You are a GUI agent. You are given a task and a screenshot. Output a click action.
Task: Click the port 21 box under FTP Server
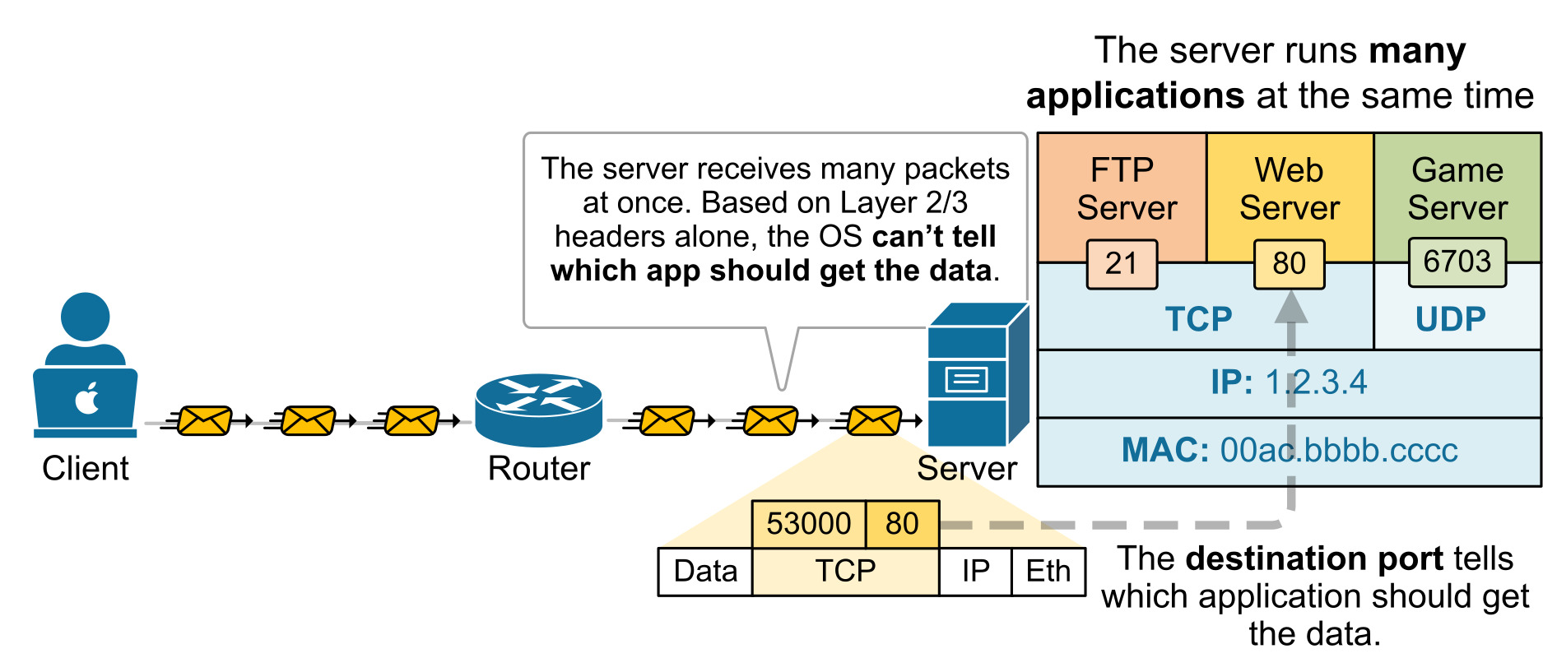[x=1122, y=264]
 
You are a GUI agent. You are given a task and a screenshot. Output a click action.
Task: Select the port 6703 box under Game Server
[x=1457, y=262]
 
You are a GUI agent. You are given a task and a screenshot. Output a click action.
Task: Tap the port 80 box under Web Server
[x=1289, y=264]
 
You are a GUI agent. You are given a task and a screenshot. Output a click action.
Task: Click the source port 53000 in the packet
[x=808, y=524]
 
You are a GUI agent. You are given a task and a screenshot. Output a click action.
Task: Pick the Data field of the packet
[x=705, y=571]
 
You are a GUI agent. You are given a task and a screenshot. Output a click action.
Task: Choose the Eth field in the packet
[x=1048, y=571]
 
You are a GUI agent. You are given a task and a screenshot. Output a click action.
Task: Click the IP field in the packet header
[x=975, y=571]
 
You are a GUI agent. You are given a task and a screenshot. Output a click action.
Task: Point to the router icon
[x=539, y=409]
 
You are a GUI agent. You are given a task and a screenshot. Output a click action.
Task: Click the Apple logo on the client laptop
[x=87, y=398]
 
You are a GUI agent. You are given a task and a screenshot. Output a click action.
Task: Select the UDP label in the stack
[x=1450, y=319]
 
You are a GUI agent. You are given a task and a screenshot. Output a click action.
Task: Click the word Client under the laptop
[x=86, y=469]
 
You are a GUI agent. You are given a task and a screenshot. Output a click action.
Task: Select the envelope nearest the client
[x=204, y=421]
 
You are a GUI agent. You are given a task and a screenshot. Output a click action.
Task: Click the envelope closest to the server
[x=874, y=421]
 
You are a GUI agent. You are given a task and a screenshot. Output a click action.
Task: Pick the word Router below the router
[x=539, y=469]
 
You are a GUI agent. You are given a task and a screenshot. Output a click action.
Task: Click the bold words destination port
[x=1314, y=558]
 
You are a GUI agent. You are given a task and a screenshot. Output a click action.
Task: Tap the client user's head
[x=85, y=317]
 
